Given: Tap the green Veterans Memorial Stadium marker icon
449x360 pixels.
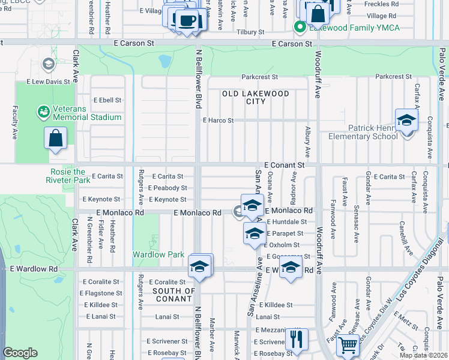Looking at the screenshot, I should coord(43,112).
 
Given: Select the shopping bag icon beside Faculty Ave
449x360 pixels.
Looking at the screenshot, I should coord(55,138).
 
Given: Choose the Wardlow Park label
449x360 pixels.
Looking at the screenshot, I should coord(158,254).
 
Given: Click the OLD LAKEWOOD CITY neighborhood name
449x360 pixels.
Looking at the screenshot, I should coord(256,97).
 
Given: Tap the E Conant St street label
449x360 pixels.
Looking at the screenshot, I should coord(285,164).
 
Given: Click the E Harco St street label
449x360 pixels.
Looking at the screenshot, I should coord(218,121).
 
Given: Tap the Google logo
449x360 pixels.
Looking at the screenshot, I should coord(20,353).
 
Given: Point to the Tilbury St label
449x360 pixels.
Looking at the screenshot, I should coord(250,32).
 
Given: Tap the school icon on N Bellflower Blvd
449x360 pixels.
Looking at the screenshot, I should coord(200,266).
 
